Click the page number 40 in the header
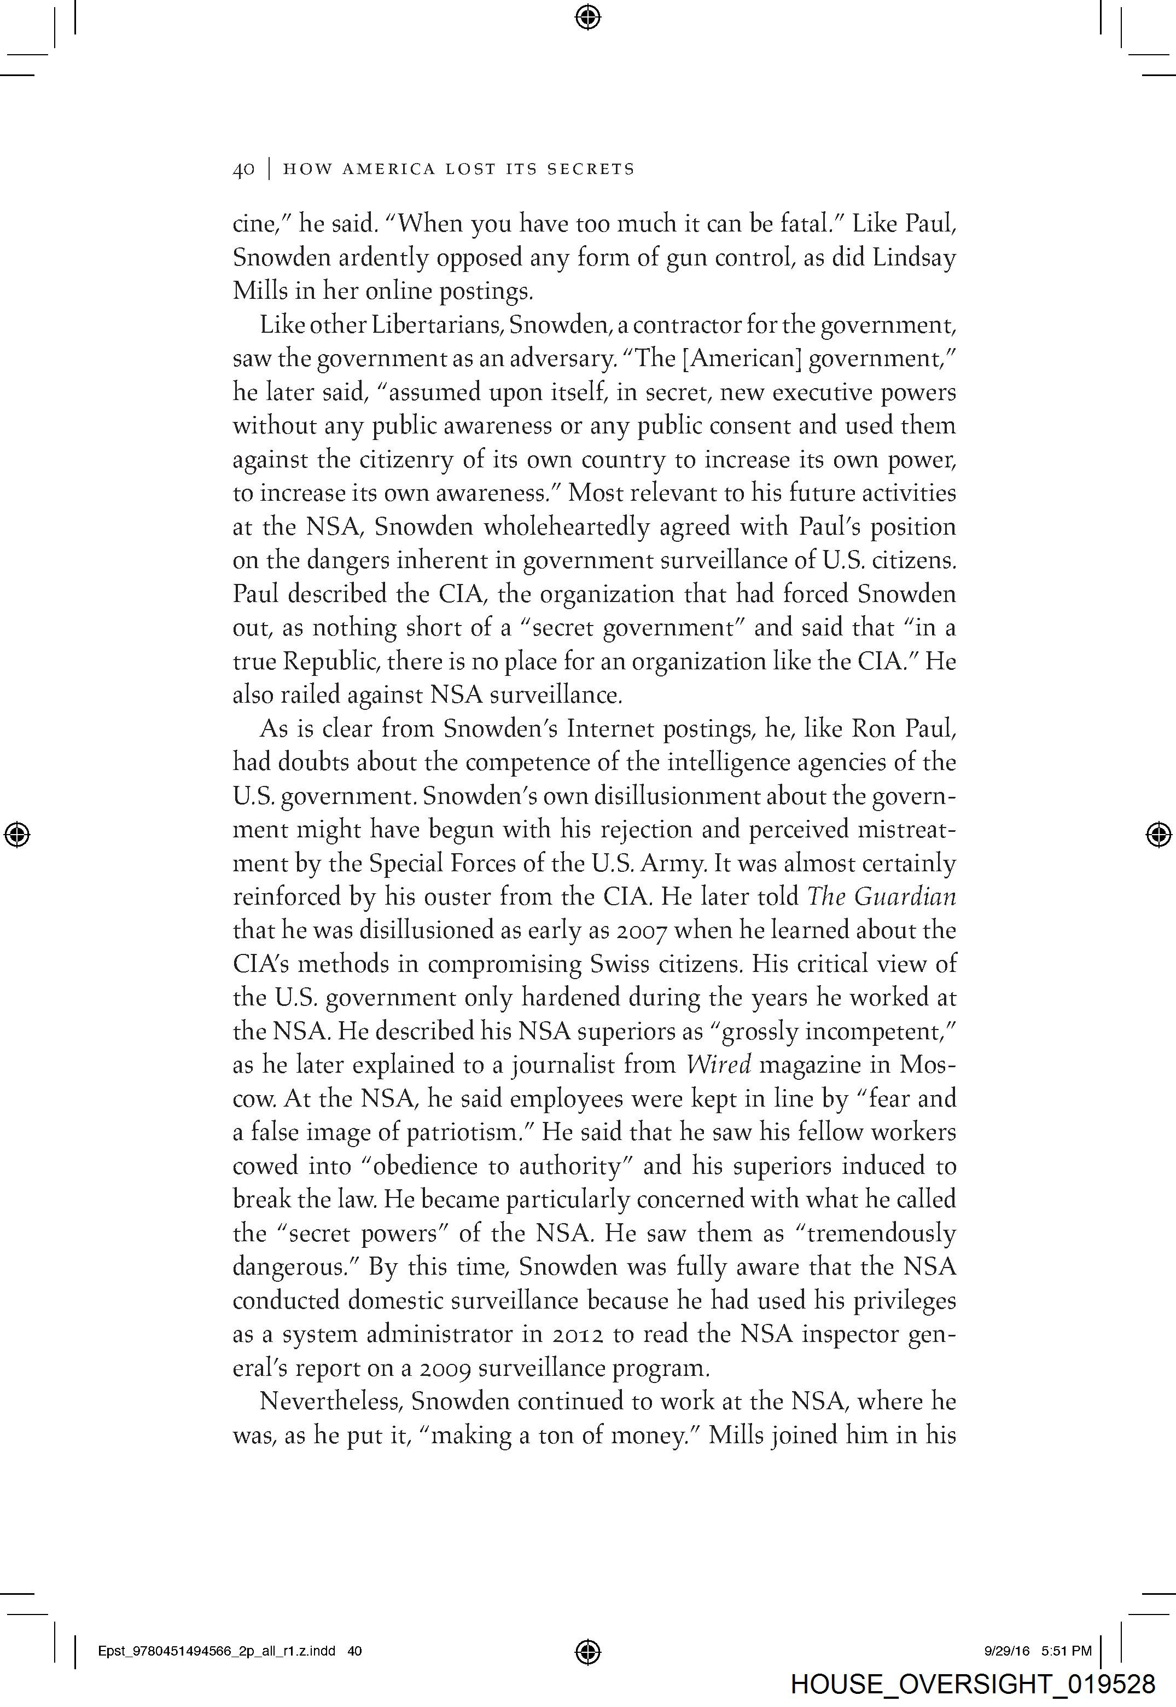coord(243,170)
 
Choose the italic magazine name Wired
coord(718,1065)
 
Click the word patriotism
coord(465,1132)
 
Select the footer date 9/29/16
coord(1006,1651)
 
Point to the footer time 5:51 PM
coord(1067,1651)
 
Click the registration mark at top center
coord(587,16)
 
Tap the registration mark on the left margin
coord(17,834)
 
